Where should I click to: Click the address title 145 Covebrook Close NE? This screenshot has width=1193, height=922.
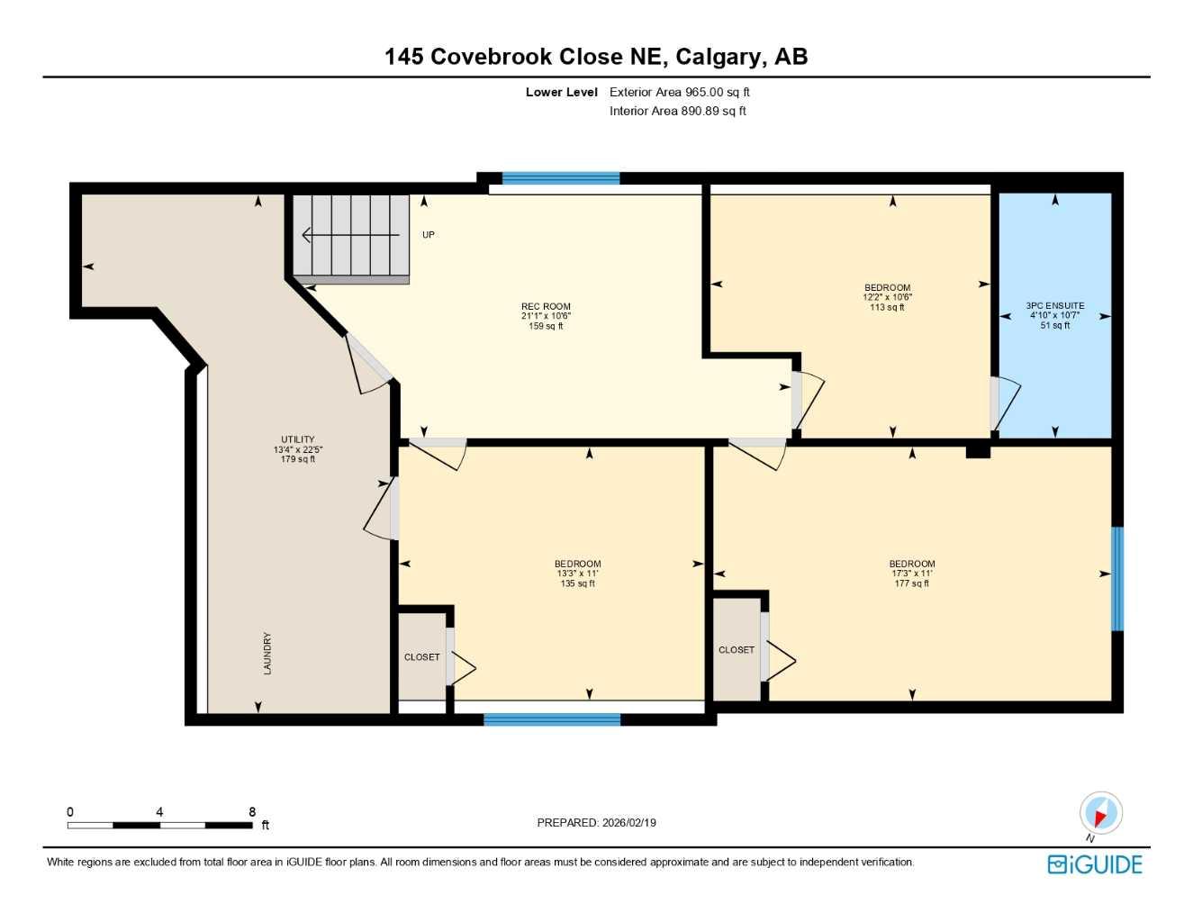tap(595, 57)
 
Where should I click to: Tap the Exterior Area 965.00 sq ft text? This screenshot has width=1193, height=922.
tap(679, 92)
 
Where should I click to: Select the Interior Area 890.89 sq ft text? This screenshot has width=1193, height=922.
tap(677, 111)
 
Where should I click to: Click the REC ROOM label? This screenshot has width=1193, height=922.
tap(546, 307)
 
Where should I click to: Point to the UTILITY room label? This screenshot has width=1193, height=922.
tap(298, 440)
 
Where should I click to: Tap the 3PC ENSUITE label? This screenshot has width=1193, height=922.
tap(1054, 306)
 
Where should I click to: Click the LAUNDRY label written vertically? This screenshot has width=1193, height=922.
tap(267, 653)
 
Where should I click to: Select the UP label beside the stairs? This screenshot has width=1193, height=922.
tap(429, 235)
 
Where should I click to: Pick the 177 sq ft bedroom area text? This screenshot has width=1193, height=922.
tap(911, 583)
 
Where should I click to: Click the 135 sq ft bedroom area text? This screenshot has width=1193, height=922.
tap(577, 583)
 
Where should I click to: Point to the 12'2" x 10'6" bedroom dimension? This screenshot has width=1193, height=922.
tap(887, 297)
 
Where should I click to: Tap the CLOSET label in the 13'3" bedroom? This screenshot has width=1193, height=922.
tap(421, 657)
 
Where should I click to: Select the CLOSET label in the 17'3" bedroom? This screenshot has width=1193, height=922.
tap(736, 650)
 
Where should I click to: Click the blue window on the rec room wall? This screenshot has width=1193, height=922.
tap(560, 178)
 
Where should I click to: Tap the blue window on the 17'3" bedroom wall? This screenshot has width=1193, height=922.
tap(1117, 578)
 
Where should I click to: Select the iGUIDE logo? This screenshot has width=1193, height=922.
tap(1095, 864)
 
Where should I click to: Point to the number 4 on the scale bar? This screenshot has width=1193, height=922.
tap(159, 812)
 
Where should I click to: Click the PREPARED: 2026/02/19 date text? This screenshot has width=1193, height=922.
tap(596, 823)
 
